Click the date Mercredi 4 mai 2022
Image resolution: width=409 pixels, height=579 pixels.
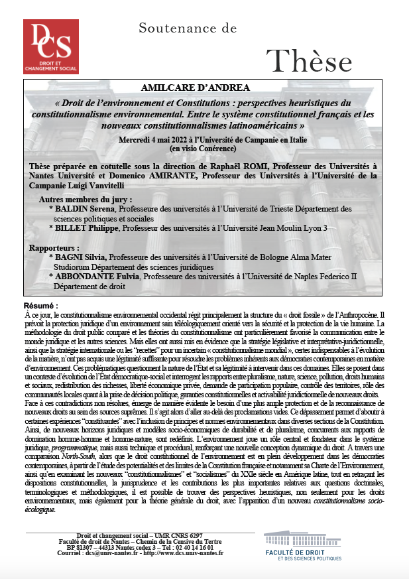tap(164, 141)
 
